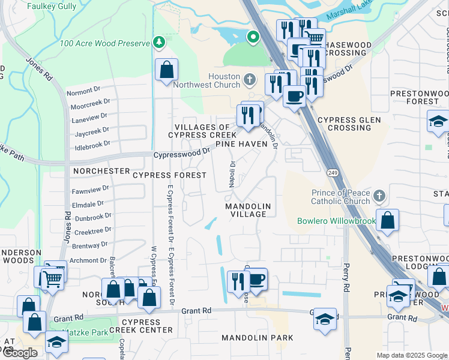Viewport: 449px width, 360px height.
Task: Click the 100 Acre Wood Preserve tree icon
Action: coord(159,42)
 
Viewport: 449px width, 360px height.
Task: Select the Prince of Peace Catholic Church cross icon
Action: coord(379,196)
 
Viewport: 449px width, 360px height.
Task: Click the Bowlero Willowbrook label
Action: coord(336,221)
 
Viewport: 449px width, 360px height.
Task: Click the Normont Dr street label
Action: coord(83,92)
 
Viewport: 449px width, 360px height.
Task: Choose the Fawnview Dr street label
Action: coord(90,188)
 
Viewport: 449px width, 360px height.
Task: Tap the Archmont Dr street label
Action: coord(88,260)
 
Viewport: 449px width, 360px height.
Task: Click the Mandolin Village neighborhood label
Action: coord(248,210)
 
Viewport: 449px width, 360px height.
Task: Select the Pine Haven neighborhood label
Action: coord(241,144)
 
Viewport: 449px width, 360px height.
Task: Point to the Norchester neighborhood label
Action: coord(101,171)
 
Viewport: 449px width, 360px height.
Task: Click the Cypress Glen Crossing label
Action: coord(345,124)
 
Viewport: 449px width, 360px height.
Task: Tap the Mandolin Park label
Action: coord(258,338)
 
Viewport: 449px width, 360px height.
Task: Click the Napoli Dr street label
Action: coord(232,174)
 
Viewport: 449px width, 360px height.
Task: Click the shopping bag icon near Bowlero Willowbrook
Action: coord(388,220)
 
